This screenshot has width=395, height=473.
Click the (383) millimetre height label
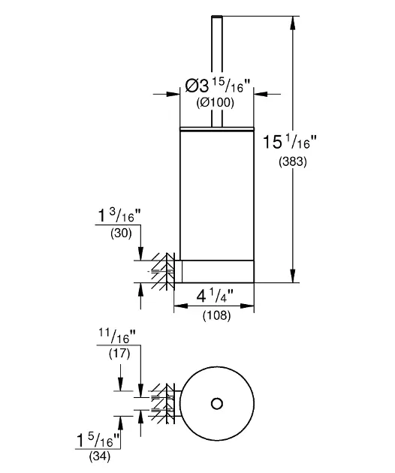point(292,162)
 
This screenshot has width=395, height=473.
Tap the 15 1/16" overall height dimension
point(290,142)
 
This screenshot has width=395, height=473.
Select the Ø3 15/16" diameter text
point(218,85)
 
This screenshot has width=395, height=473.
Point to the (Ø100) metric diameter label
point(216,103)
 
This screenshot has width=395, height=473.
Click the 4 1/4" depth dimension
point(215,297)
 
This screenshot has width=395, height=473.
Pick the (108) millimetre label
point(217,315)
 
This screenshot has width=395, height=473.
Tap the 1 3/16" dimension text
point(120,215)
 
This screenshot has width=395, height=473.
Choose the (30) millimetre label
point(122,233)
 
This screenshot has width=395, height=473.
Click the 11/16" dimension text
point(117,336)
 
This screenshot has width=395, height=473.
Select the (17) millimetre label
point(119,353)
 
